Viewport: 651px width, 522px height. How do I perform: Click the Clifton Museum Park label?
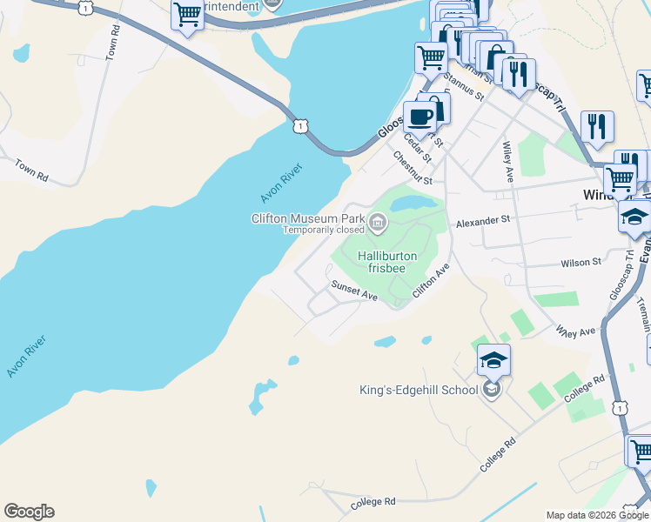pos(306,218)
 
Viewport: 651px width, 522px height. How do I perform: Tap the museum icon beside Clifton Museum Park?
pos(378,224)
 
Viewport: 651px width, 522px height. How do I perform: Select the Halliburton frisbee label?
pos(387,262)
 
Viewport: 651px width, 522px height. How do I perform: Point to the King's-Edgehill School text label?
pos(419,390)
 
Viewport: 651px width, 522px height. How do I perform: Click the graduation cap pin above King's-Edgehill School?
pos(493,360)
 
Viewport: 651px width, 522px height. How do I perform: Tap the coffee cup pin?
pos(419,117)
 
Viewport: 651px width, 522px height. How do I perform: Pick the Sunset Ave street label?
pos(353,291)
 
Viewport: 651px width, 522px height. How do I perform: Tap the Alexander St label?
pos(482,222)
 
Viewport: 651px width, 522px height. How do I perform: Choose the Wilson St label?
pos(581,262)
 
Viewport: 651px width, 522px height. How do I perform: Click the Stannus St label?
pos(462,86)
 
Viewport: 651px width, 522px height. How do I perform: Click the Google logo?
pos(29,512)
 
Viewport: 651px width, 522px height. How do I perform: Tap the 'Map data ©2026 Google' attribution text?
pos(597,515)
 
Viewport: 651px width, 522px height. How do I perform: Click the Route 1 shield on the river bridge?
pos(300,127)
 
